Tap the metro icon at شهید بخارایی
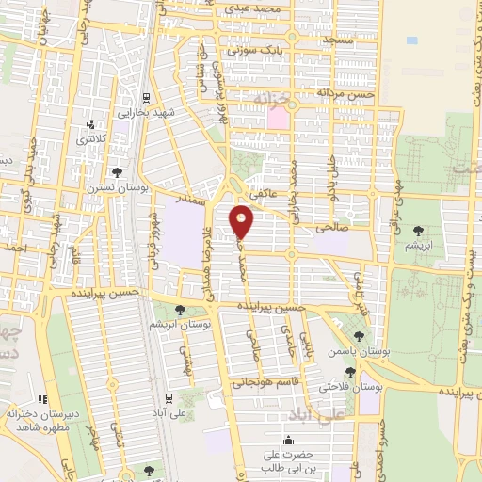(x=146, y=97)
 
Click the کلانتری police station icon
(x=91, y=124)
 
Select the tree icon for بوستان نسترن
(x=117, y=171)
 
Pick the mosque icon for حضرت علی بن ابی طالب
(x=287, y=440)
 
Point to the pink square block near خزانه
(x=277, y=119)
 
